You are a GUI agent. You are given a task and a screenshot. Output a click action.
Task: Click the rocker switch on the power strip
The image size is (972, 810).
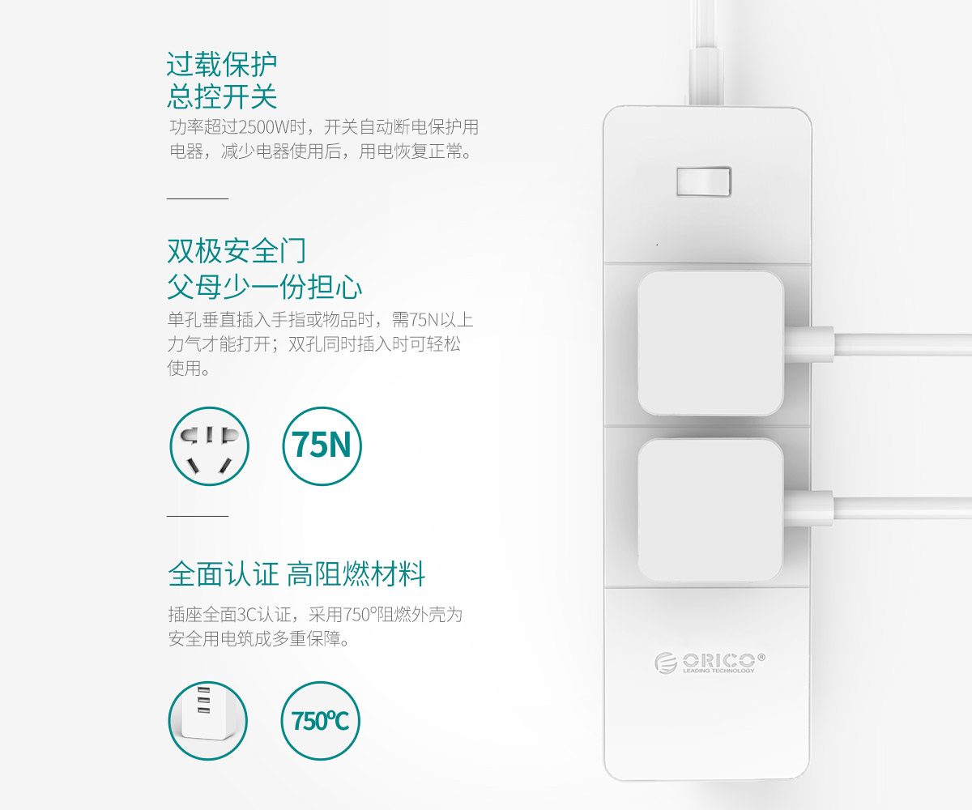704,181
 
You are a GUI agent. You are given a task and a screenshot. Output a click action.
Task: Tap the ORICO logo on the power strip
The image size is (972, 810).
710,663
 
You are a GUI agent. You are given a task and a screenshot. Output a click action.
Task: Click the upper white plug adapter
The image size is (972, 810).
711,343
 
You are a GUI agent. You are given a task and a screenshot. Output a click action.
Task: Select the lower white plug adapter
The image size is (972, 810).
711,509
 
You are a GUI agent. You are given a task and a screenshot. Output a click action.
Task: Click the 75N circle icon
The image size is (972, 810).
322,446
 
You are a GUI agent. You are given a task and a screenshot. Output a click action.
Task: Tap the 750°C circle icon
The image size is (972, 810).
320,721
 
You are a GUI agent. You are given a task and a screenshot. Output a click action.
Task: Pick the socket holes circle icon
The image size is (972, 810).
209,446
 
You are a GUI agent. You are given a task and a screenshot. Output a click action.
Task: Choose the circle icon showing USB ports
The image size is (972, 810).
207,721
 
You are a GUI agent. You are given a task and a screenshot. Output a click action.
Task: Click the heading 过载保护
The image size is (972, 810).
222,64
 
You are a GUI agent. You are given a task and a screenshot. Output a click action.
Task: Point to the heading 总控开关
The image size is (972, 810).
222,97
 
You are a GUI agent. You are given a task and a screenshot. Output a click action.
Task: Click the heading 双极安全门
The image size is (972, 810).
237,250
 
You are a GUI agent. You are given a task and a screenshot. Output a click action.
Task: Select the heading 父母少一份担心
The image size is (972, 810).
264,286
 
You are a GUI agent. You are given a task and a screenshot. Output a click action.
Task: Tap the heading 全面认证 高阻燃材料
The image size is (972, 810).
296,574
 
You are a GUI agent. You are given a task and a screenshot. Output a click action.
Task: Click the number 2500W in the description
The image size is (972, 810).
263,126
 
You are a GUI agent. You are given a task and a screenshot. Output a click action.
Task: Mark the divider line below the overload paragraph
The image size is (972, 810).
198,198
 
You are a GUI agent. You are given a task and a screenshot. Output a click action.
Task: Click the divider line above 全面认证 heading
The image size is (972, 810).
198,516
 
